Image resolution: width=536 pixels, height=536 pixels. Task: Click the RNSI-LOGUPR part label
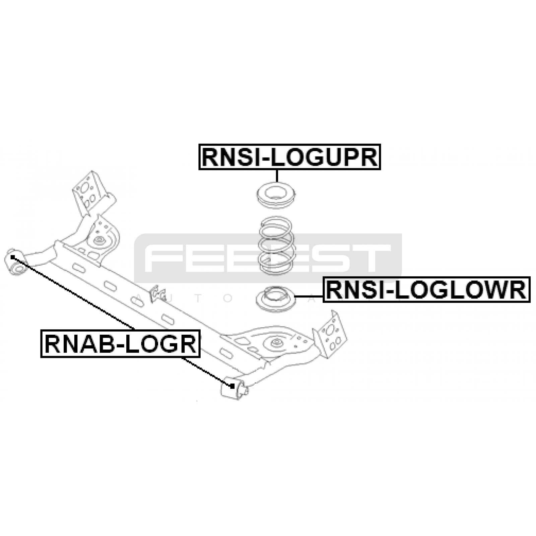click(x=289, y=157)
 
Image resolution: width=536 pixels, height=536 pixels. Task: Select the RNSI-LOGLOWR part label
click(x=426, y=290)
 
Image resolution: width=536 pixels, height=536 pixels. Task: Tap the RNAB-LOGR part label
click(x=120, y=344)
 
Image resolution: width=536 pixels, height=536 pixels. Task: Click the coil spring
click(x=277, y=246)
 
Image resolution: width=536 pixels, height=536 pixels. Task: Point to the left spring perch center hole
click(x=99, y=240)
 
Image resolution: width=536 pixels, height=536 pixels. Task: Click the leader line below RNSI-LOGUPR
click(x=277, y=176)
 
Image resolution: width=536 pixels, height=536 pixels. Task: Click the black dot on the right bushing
click(x=232, y=386)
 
